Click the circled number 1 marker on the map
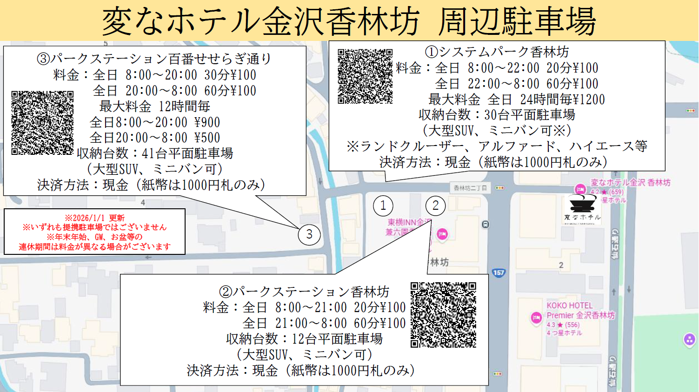[383, 206]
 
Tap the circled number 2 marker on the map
[435, 206]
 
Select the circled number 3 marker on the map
[309, 234]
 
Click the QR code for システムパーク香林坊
[365, 76]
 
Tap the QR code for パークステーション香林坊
[443, 315]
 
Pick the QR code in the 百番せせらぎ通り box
[42, 123]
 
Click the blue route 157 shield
[499, 272]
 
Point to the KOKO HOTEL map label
[570, 306]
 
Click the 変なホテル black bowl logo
[582, 205]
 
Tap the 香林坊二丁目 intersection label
[470, 188]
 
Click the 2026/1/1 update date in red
[94, 218]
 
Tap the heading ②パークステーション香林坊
[304, 292]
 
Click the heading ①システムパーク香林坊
[497, 52]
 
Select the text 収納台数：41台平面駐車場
[155, 153]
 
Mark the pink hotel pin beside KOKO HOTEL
[536, 318]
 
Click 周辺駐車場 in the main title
[517, 21]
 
